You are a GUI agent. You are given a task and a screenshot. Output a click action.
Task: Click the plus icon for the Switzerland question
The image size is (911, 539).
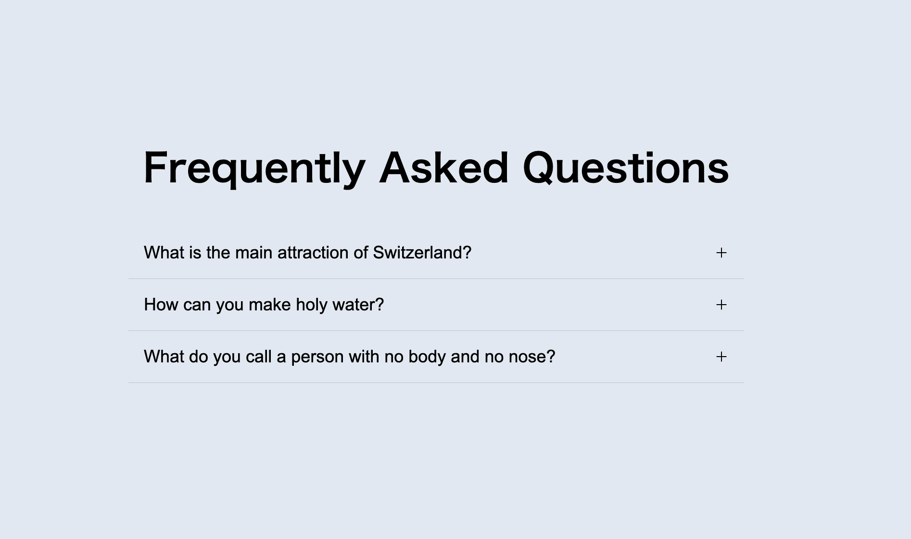pyautogui.click(x=721, y=253)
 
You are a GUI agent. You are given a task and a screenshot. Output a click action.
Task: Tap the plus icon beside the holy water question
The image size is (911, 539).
pyautogui.click(x=721, y=305)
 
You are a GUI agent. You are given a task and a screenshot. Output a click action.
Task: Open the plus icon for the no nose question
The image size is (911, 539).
pyautogui.click(x=721, y=357)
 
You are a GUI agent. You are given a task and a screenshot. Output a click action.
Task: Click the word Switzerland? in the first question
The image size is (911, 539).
pyautogui.click(x=422, y=253)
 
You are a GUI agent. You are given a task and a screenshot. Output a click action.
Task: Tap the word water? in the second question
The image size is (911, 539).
pyautogui.click(x=358, y=305)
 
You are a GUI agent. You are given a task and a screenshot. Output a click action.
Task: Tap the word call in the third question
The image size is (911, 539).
pyautogui.click(x=259, y=357)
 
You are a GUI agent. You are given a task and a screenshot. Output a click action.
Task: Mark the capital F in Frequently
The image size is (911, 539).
pyautogui.click(x=156, y=167)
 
